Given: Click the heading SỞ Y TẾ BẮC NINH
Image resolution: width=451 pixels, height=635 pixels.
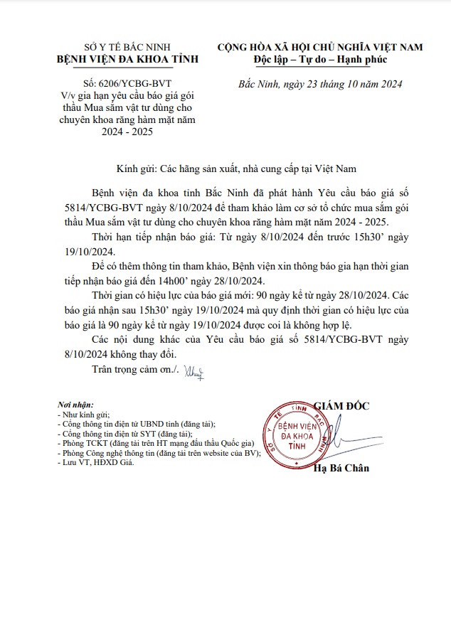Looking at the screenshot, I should click(117, 46).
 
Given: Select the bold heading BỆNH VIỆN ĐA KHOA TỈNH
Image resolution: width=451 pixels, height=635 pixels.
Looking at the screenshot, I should click(117, 58).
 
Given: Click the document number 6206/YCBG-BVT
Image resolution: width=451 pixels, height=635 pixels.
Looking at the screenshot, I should click(127, 84).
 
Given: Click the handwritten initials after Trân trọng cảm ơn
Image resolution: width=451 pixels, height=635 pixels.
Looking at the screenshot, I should click(193, 370).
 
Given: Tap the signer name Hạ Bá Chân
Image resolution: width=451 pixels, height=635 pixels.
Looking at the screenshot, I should click(342, 468).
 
